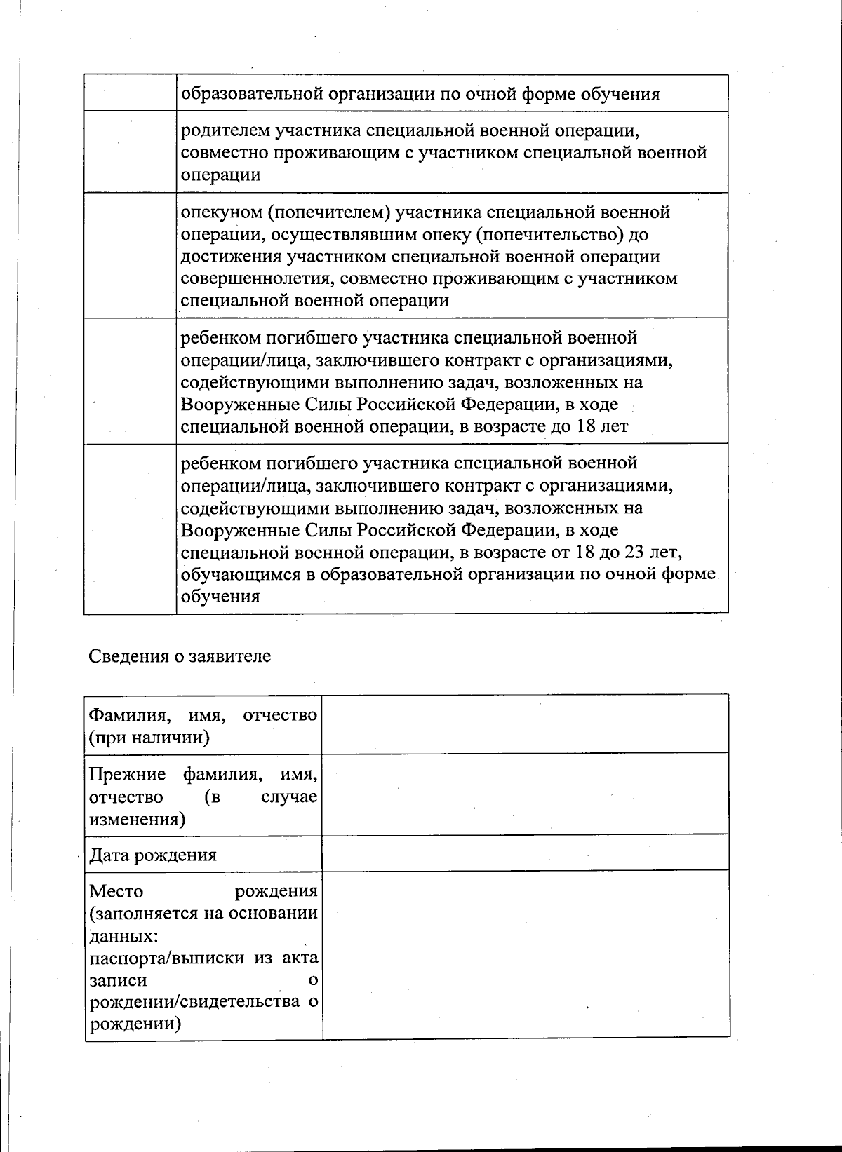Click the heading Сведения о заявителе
tap(180, 656)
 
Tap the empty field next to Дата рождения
tap(525, 853)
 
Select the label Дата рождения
tap(153, 855)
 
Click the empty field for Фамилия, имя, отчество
tap(525, 724)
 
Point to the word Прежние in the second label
tap(128, 775)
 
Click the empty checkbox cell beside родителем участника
tap(130, 152)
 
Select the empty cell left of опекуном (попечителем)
tap(130, 256)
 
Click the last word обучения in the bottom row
tap(220, 597)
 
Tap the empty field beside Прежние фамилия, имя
tap(525, 794)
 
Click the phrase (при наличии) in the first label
tap(149, 738)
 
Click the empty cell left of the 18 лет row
tap(130, 381)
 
